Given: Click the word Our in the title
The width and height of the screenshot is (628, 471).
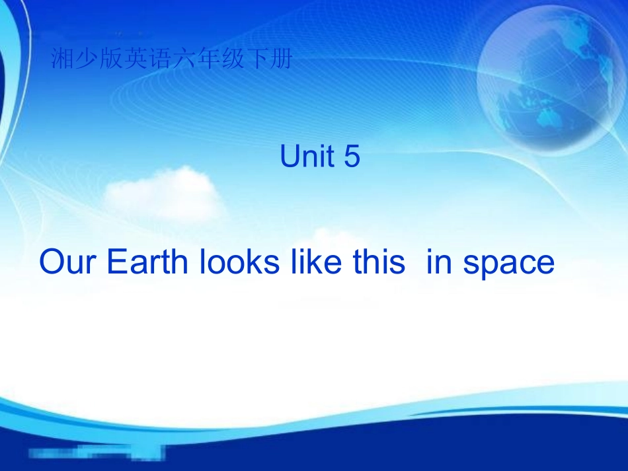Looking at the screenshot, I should tap(68, 263).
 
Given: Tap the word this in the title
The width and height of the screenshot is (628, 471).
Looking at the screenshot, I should tap(379, 263).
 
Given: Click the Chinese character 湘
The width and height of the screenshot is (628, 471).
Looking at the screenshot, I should tap(61, 61).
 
